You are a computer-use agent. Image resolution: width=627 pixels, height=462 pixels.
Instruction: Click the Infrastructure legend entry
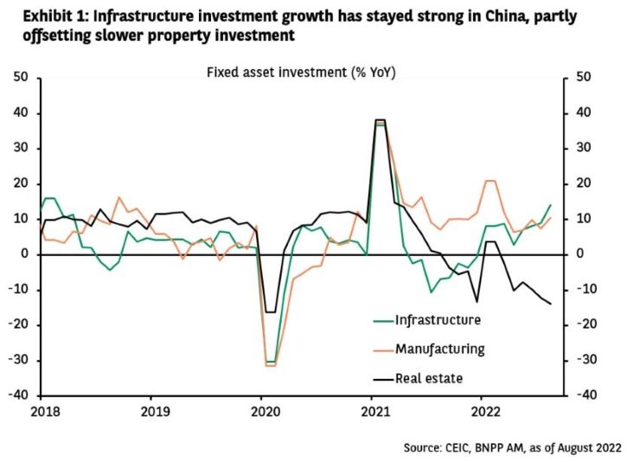[x=437, y=320]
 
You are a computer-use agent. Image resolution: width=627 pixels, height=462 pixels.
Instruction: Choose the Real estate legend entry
[x=430, y=378]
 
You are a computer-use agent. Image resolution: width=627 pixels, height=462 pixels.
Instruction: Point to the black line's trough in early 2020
[x=271, y=311]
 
